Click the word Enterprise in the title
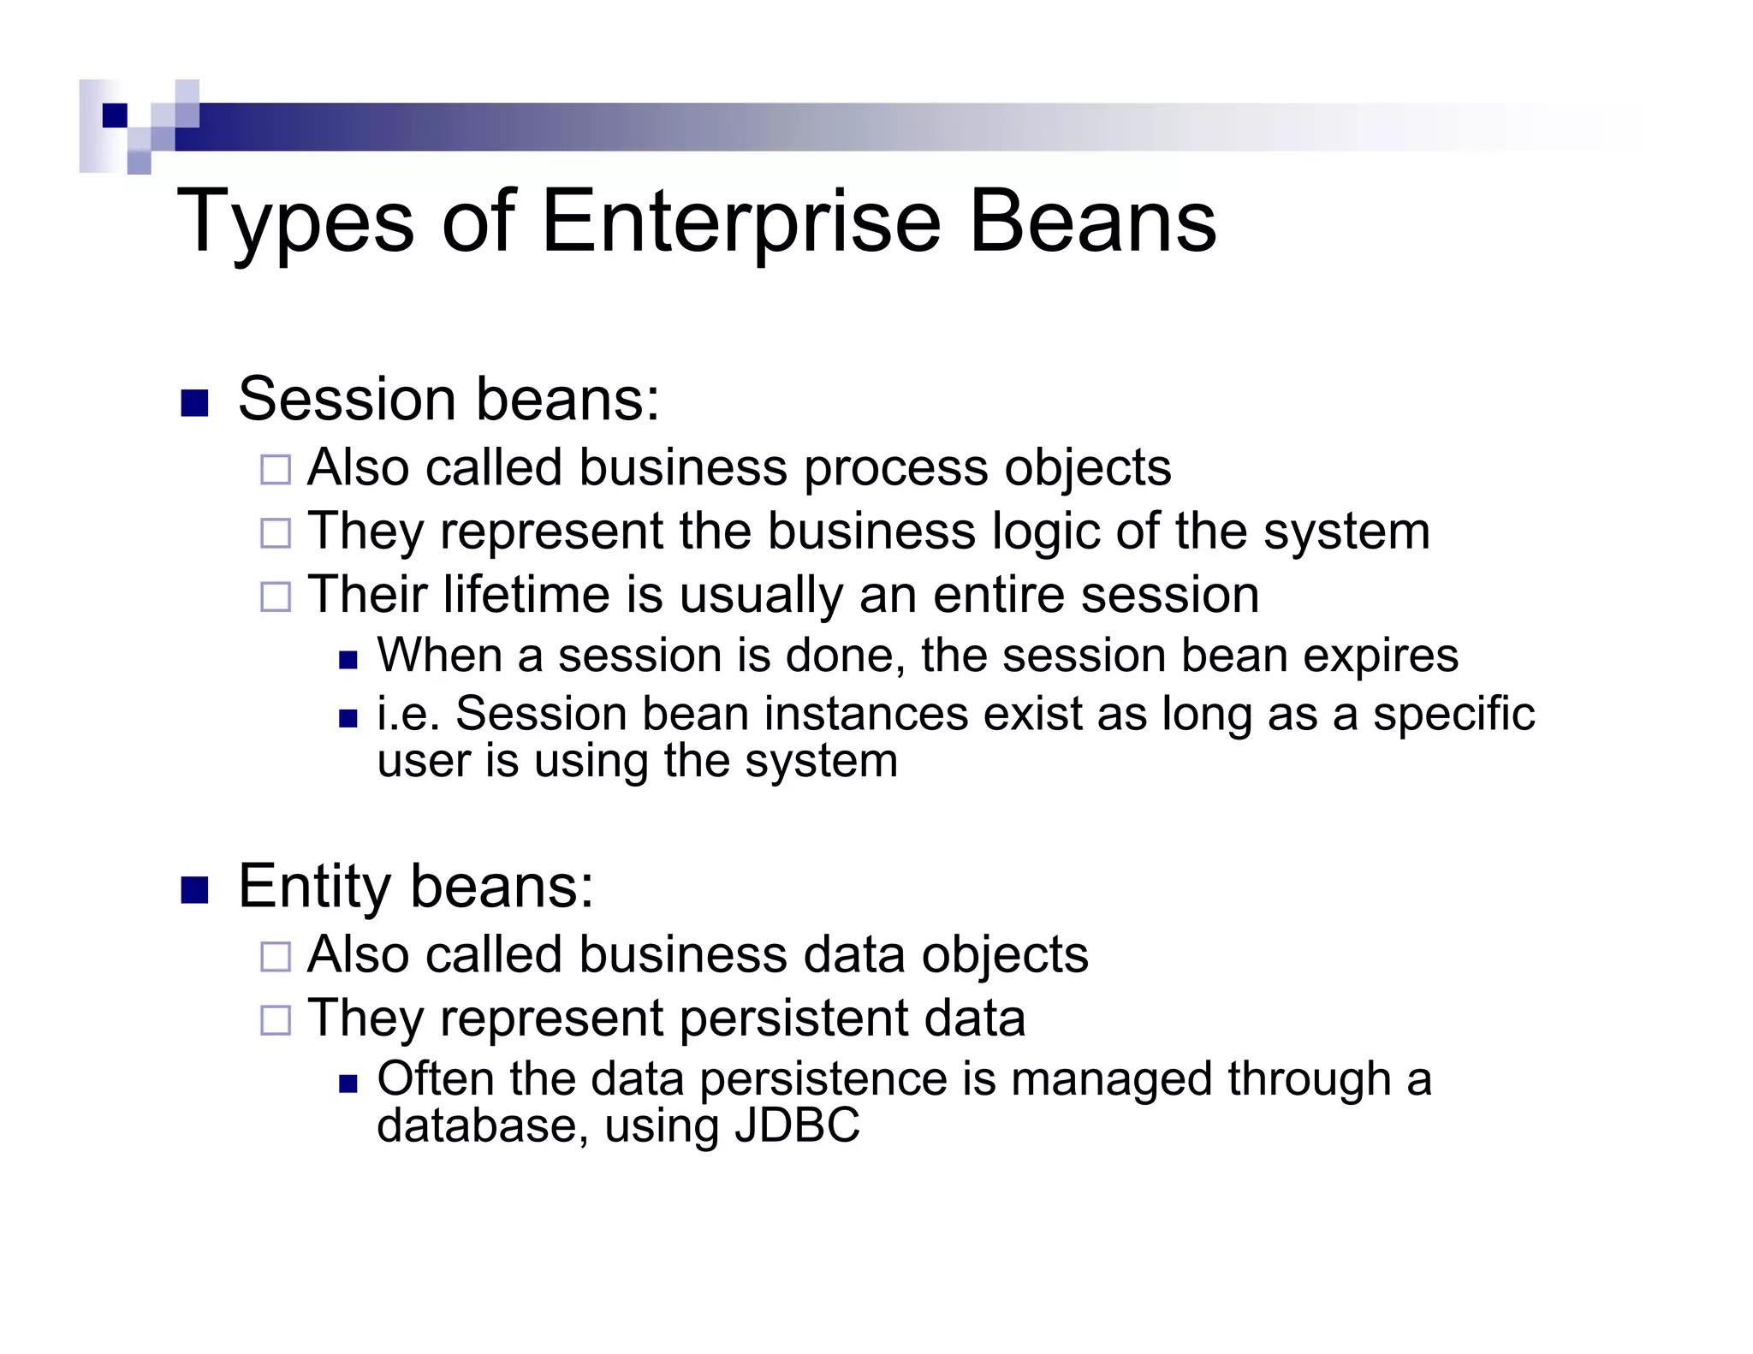coord(741,222)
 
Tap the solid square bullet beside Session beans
coord(195,403)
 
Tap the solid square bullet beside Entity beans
coord(195,890)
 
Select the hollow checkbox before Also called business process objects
coord(276,470)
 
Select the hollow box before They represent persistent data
coord(276,1020)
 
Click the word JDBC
coord(797,1125)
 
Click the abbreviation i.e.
coord(408,714)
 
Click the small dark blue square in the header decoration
coord(115,115)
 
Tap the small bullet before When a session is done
coord(348,660)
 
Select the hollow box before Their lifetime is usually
coord(276,597)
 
